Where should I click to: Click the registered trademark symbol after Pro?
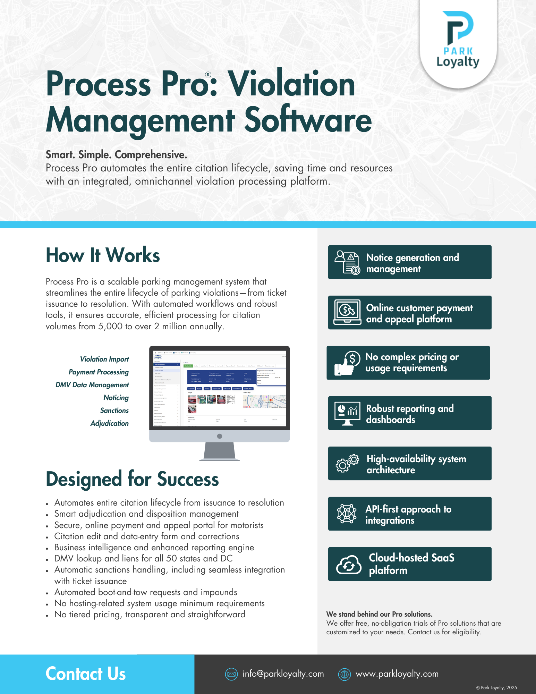click(x=208, y=75)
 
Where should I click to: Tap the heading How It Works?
click(x=103, y=255)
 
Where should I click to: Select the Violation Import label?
click(x=104, y=359)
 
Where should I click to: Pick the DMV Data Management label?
click(x=92, y=385)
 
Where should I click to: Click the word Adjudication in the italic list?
click(x=109, y=423)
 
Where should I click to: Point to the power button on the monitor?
click(x=219, y=436)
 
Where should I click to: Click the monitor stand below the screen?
click(x=219, y=451)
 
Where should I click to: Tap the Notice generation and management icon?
click(x=347, y=262)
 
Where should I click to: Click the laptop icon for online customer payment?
click(x=347, y=312)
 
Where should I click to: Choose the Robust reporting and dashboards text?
click(x=410, y=414)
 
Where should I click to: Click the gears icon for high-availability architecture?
click(x=347, y=463)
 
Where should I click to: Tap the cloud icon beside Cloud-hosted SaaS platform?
click(x=349, y=565)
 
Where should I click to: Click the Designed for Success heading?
click(x=132, y=479)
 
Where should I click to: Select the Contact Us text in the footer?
click(x=86, y=674)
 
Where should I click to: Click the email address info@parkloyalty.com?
click(x=283, y=674)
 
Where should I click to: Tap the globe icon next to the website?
click(x=344, y=674)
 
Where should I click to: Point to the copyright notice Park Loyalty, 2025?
click(x=496, y=688)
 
